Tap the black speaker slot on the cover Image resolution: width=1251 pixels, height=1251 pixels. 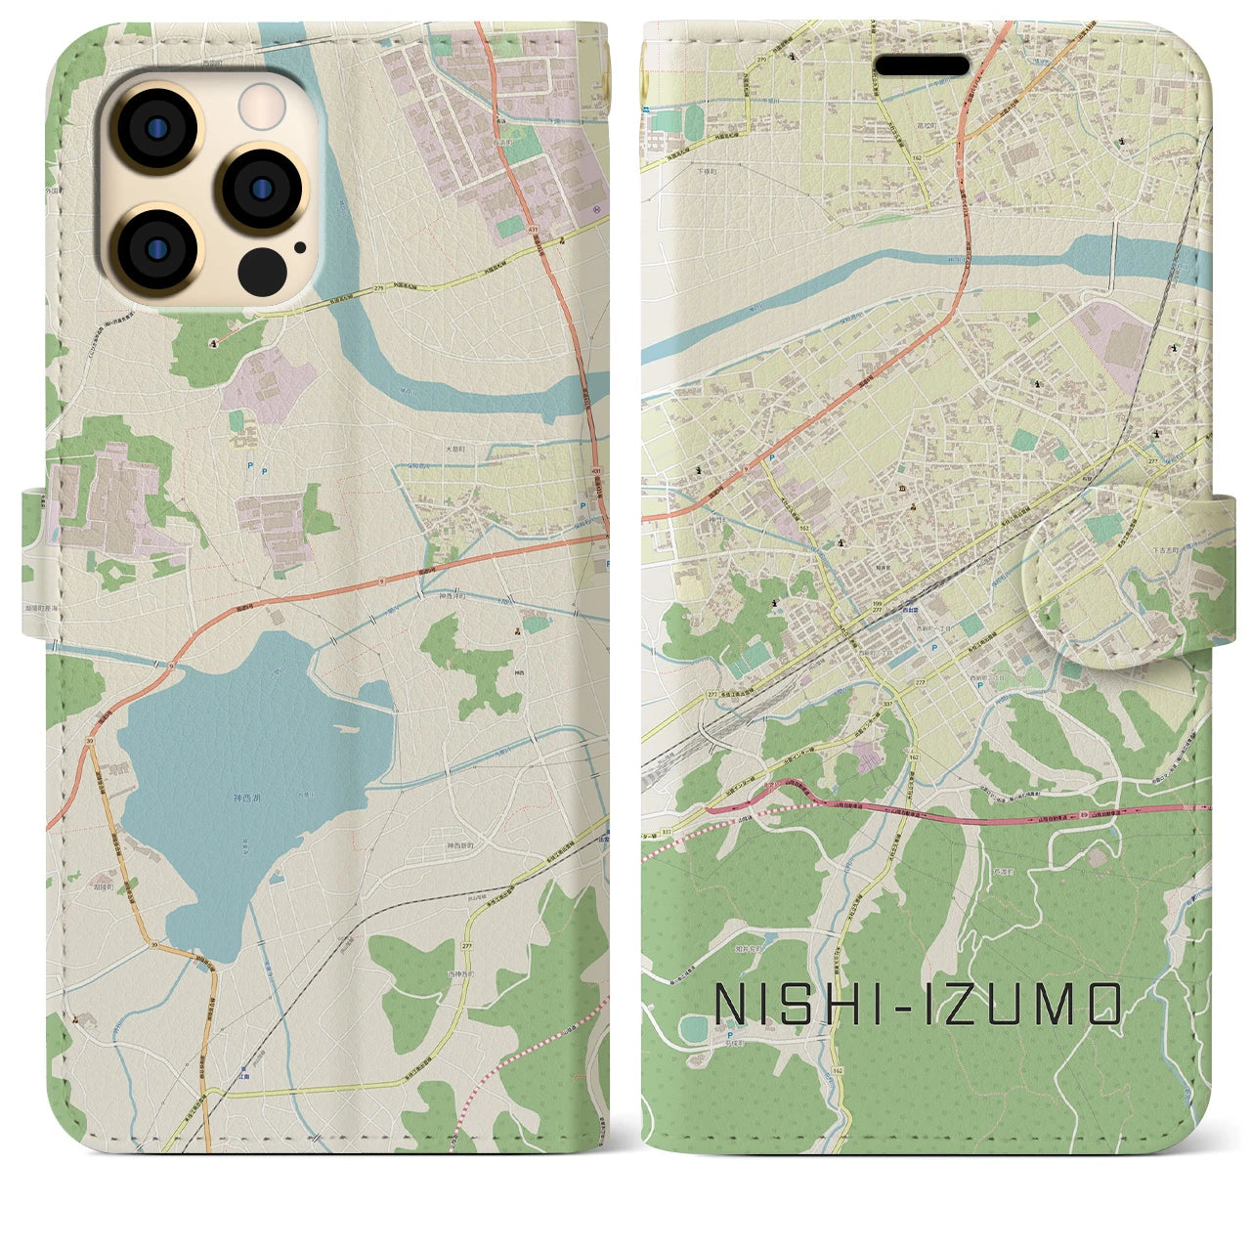922,66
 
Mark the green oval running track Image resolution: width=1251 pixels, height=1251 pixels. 694,1028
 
